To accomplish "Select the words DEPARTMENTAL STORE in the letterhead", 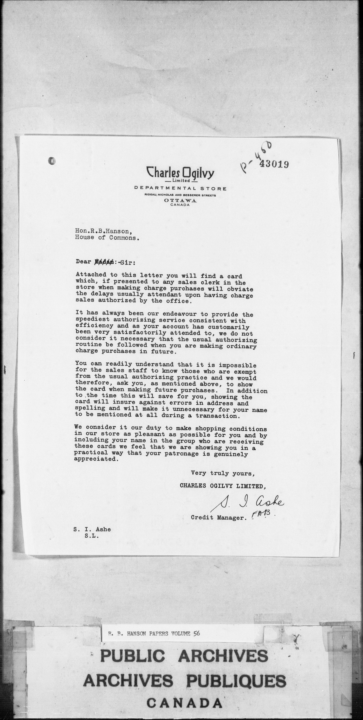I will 180,189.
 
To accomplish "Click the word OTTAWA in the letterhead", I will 180,200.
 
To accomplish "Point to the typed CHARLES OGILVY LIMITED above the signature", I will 223,486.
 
